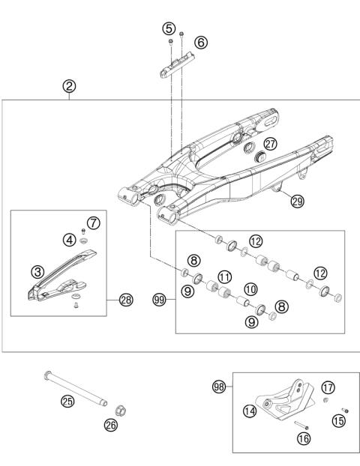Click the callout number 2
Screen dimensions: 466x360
click(x=68, y=86)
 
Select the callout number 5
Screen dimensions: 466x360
click(x=168, y=28)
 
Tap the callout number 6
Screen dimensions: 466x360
click(x=200, y=43)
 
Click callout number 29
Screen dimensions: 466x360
click(x=298, y=201)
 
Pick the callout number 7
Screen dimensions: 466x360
click(x=93, y=223)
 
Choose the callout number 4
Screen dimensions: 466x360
click(x=68, y=240)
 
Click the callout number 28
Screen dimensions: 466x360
click(x=126, y=300)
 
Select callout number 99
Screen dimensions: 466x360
click(x=158, y=300)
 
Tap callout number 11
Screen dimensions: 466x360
click(x=223, y=276)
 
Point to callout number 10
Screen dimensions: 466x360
click(x=250, y=288)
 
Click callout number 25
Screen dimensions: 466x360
click(x=67, y=402)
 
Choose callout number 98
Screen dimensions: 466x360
click(x=220, y=387)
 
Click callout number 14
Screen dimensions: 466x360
click(x=248, y=411)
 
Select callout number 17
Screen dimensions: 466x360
click(x=328, y=387)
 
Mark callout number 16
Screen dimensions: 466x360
click(x=302, y=438)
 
